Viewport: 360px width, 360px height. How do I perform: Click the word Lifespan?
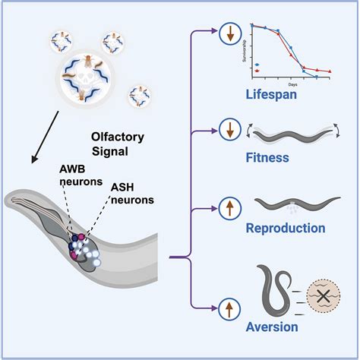coord(274,94)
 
